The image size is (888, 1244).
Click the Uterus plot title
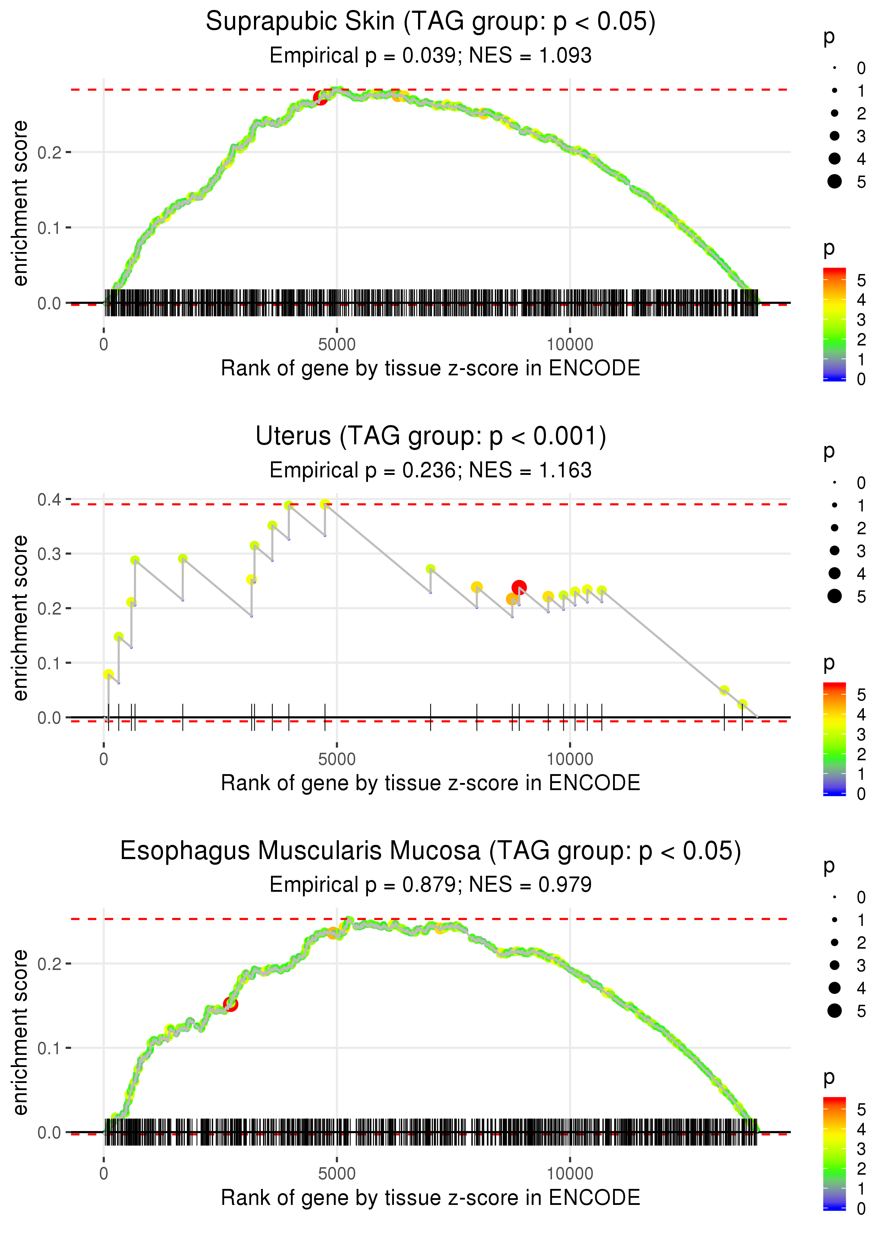pos(431,436)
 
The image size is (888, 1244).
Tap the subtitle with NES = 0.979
pos(431,885)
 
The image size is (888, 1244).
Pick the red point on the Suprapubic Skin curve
pos(320,98)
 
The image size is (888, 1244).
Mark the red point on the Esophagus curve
pos(230,1004)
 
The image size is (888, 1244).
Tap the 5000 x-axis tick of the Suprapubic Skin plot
pos(336,345)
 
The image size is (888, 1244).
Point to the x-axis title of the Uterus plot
pos(431,783)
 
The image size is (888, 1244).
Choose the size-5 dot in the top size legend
pos(834,181)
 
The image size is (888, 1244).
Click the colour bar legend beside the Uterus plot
pos(834,739)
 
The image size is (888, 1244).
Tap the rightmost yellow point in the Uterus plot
pos(742,704)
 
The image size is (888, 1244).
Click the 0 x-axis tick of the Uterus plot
pos(104,759)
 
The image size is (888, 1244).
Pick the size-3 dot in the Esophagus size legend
pos(834,965)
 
